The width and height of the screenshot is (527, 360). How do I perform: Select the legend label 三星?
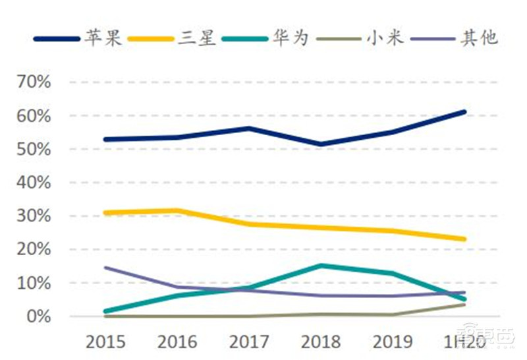pos(196,38)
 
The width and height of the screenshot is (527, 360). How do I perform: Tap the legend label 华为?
pos(291,38)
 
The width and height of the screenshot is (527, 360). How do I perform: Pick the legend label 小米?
pos(384,38)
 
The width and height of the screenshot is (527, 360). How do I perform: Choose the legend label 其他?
pos(479,38)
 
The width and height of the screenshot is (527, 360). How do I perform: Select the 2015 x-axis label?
pos(105,342)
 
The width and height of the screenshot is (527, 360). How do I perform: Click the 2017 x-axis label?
pos(250,342)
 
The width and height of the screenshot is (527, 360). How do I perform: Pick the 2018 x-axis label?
pos(321,342)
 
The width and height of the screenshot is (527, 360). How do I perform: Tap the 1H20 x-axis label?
pos(464,342)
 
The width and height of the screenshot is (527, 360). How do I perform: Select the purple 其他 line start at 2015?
pos(106,268)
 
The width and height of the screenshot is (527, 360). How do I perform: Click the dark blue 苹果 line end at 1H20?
pos(464,112)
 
